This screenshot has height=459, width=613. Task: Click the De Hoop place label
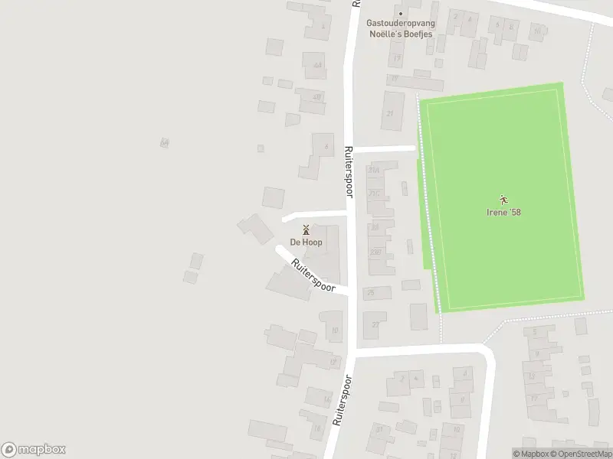[306, 243]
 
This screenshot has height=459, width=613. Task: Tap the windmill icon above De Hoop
[306, 229]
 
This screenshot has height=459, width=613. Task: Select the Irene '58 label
[504, 212]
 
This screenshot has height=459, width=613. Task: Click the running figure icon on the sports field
[504, 200]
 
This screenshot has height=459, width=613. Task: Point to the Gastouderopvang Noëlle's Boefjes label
[400, 29]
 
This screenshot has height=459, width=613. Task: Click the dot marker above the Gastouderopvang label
[400, 13]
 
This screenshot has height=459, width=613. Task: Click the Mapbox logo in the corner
[34, 450]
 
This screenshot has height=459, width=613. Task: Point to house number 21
[390, 114]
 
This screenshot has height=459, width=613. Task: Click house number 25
[372, 292]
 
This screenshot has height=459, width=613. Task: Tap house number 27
[375, 324]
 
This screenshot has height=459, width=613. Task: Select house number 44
[317, 65]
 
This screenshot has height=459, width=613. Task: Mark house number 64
[164, 142]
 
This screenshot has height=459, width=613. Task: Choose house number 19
[395, 79]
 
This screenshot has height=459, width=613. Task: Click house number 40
[316, 97]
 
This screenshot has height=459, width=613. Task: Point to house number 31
[379, 429]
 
